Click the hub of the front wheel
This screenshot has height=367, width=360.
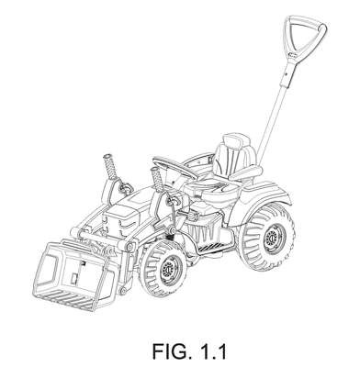click(167, 269)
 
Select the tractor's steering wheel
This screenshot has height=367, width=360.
click(174, 168)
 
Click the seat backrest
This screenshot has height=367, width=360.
click(235, 156)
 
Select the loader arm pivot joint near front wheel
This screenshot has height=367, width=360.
click(131, 246)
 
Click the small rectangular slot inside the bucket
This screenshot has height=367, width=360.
click(73, 278)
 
